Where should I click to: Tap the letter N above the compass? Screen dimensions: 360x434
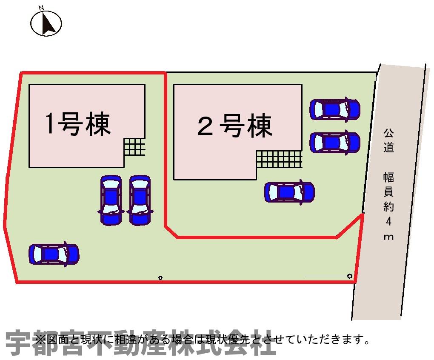point(41,8)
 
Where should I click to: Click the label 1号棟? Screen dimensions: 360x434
point(78,124)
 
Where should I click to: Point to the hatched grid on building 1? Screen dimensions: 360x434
point(134,147)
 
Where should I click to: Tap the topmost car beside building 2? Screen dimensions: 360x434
point(335,109)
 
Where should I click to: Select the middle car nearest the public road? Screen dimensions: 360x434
point(335,142)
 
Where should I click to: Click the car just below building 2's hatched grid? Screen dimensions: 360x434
point(289,192)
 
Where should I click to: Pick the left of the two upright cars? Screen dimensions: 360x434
point(111,200)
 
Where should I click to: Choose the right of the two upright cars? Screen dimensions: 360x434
point(140,200)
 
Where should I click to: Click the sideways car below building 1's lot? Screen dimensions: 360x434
point(54,254)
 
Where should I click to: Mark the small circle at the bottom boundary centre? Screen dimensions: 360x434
point(160,278)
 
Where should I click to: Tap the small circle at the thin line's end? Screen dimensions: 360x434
point(350,276)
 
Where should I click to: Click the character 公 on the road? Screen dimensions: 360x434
point(388,133)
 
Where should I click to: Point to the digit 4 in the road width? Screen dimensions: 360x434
point(389,221)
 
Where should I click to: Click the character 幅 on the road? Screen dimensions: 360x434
point(388,177)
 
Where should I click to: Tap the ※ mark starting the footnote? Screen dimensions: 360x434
point(40,340)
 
